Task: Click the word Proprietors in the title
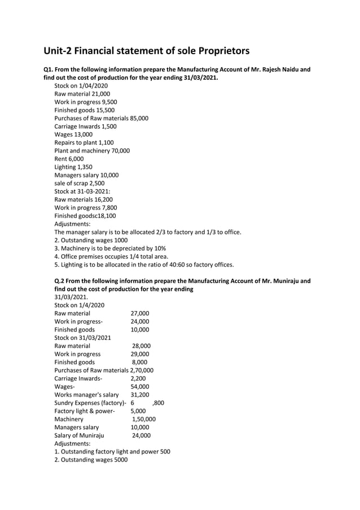click(217, 51)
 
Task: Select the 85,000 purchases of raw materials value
click(139, 119)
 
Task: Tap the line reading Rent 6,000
click(69, 159)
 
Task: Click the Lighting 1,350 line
click(73, 167)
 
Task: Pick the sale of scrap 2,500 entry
click(79, 184)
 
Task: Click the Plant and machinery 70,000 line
click(92, 151)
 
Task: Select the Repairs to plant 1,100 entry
click(84, 143)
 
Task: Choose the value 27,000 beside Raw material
click(140, 313)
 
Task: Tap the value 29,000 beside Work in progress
click(140, 354)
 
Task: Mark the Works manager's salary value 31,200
click(140, 395)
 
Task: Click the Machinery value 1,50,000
click(144, 420)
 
